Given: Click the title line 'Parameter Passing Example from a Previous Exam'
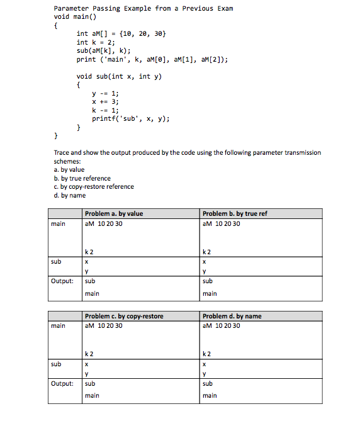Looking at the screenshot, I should (143, 8).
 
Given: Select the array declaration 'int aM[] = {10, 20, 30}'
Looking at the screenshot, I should (121, 33).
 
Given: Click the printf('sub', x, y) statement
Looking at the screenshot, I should (131, 118).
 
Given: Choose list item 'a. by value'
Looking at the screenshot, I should (69, 169).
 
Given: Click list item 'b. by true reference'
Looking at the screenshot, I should (82, 178).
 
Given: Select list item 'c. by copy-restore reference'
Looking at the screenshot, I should (94, 186).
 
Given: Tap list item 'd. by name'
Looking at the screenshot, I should (70, 195).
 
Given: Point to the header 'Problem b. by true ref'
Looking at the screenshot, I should (235, 213).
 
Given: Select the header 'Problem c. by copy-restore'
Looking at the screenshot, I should (123, 316).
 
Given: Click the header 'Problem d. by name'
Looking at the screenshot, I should (232, 316).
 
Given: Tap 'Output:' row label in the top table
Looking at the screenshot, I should (62, 281).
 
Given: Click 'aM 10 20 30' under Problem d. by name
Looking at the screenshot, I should (222, 325).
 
